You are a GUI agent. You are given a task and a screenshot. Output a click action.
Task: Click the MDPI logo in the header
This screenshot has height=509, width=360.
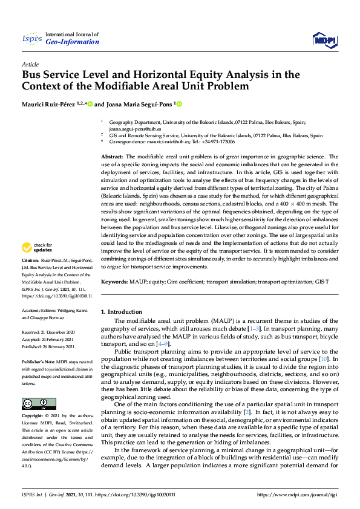click(323, 39)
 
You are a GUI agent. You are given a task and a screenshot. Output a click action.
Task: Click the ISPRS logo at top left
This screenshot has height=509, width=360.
click(31, 39)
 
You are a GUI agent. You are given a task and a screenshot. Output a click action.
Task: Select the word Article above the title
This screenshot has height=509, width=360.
click(30, 63)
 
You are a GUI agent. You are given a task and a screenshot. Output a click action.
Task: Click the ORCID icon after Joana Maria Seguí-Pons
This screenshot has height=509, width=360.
click(179, 104)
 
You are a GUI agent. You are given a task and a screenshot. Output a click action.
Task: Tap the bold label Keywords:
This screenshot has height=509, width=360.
click(114, 282)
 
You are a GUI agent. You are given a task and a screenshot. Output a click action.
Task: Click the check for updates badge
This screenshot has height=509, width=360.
click(38, 247)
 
